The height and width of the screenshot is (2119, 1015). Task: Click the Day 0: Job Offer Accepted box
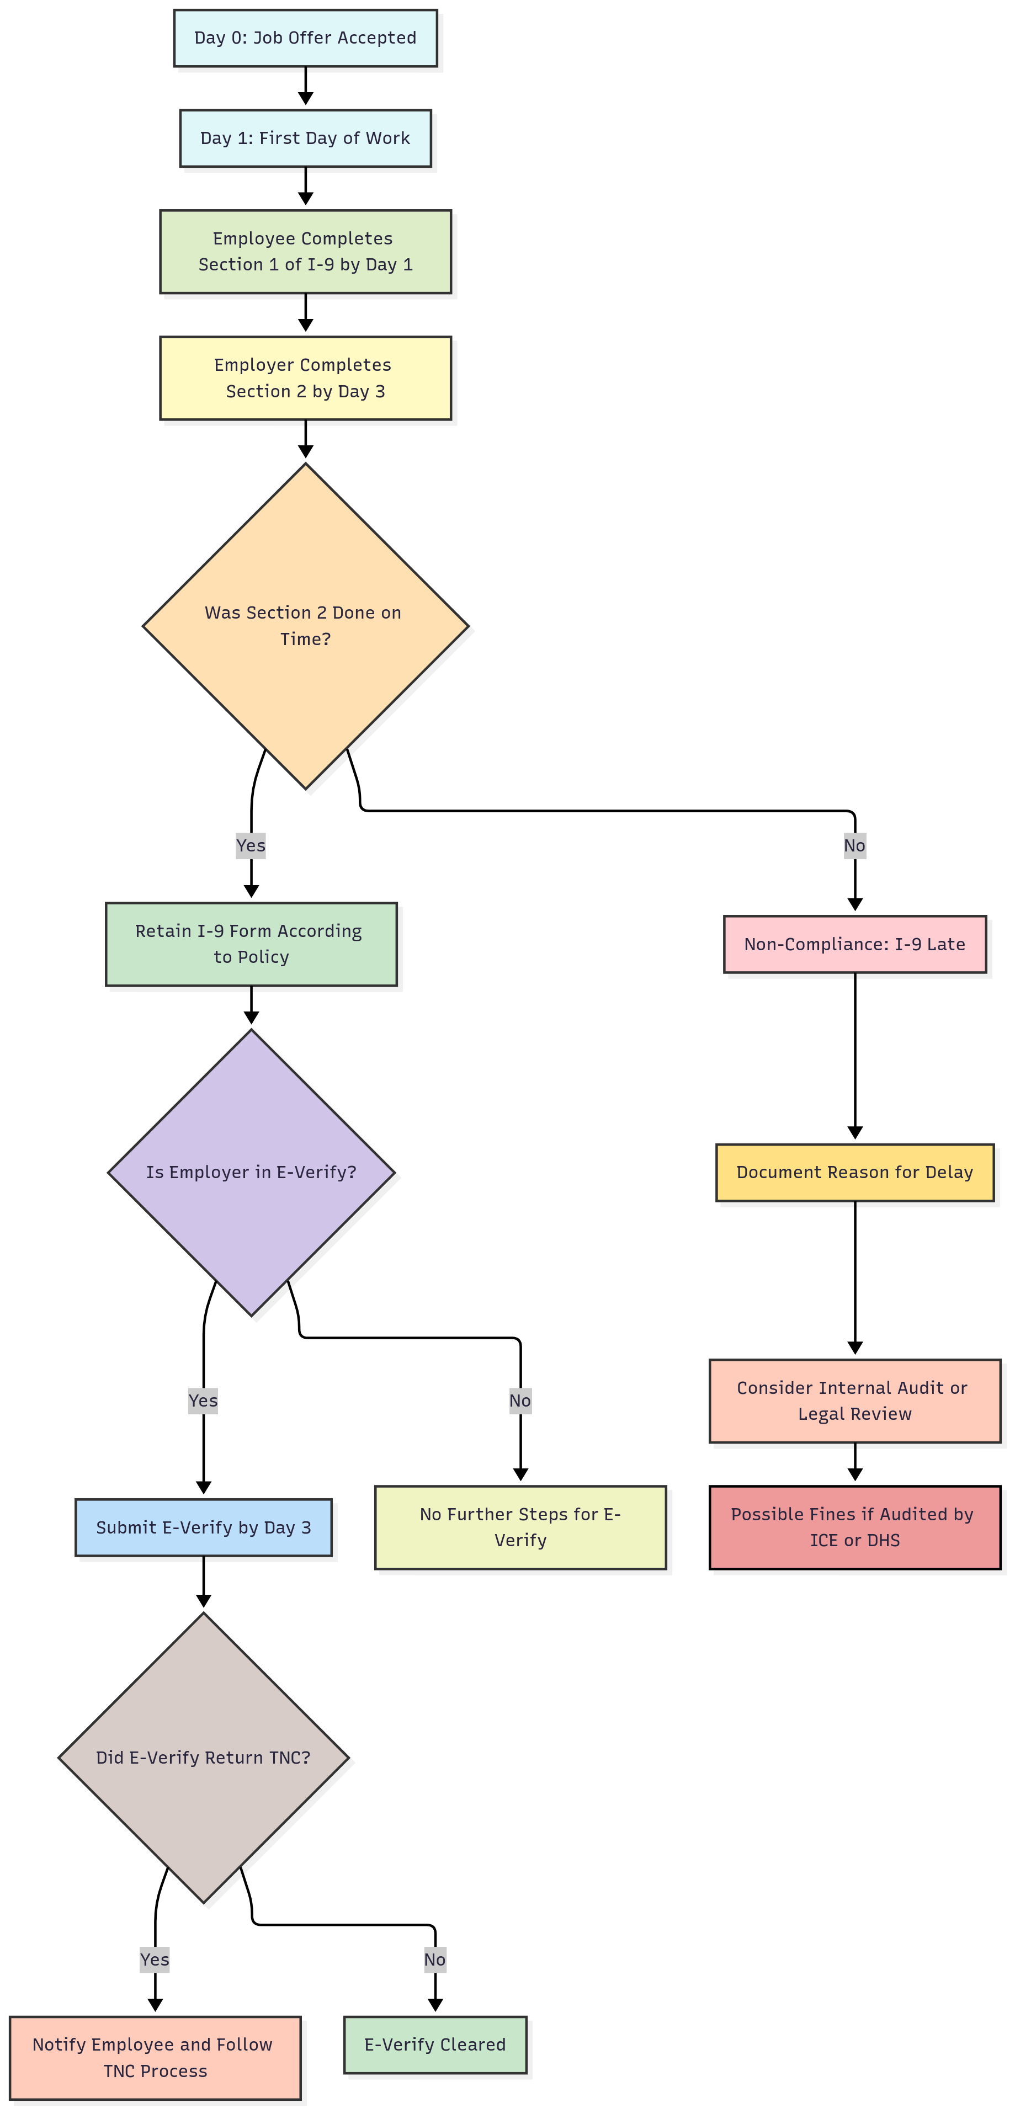305,38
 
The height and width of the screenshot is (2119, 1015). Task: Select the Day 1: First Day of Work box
305,138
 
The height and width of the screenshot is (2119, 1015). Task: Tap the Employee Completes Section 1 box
305,251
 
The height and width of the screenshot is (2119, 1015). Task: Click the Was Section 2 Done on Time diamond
305,625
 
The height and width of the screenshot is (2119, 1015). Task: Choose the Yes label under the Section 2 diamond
251,845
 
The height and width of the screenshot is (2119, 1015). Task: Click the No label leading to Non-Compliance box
854,845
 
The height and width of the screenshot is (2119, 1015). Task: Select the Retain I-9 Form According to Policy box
251,944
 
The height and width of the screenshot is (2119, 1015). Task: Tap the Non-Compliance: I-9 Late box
854,944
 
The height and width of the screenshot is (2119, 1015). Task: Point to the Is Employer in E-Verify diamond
251,1172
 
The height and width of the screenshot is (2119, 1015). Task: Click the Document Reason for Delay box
854,1172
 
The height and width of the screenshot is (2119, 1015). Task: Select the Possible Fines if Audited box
854,1527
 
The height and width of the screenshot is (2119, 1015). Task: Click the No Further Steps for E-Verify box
520,1527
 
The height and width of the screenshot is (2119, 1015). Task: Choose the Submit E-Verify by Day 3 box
203,1527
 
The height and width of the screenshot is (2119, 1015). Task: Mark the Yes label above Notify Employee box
155,1960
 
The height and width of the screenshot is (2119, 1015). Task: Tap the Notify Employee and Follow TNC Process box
155,2057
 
